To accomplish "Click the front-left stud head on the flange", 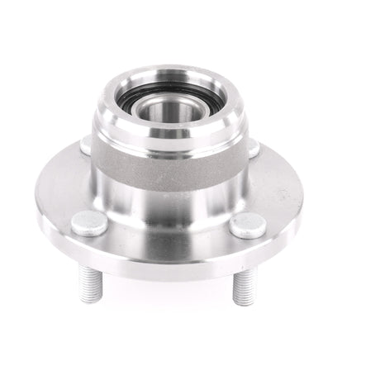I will point(89,221).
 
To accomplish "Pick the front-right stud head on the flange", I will point(247,224).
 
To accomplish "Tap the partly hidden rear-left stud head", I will point(85,145).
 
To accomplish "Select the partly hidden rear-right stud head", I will point(253,147).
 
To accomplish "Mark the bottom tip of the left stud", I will point(88,299).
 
